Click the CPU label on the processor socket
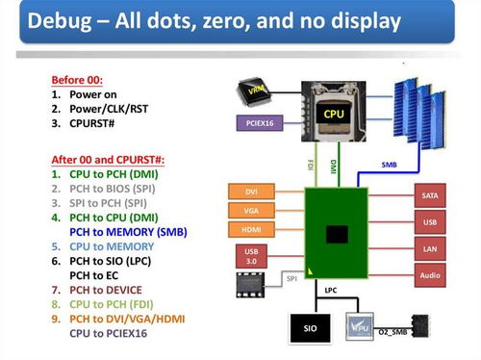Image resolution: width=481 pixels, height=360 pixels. pyautogui.click(x=333, y=114)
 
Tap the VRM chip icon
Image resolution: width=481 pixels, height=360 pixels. pyautogui.click(x=255, y=90)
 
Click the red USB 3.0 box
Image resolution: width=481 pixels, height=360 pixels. pyautogui.click(x=250, y=255)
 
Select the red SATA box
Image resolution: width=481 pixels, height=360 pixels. pyautogui.click(x=430, y=195)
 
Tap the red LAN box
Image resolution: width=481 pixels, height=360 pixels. pyautogui.click(x=430, y=249)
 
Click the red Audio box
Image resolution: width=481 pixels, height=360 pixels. pyautogui.click(x=430, y=276)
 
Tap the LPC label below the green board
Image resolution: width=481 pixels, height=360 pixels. pyautogui.click(x=330, y=290)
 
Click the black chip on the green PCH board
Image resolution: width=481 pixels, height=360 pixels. pyautogui.click(x=337, y=234)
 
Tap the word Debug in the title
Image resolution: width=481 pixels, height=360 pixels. pyautogui.click(x=60, y=20)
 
